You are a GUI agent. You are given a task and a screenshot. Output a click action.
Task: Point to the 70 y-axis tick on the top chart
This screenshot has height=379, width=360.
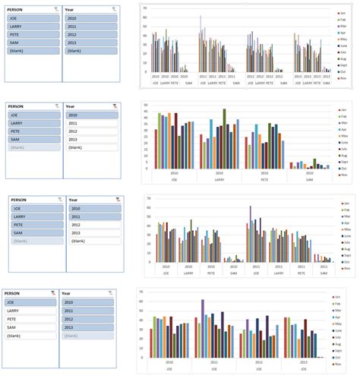tap(145, 7)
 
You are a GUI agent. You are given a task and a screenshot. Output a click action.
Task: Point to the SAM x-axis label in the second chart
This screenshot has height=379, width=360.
tap(310, 179)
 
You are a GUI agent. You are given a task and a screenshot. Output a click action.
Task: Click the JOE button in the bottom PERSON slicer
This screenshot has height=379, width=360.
tap(30, 302)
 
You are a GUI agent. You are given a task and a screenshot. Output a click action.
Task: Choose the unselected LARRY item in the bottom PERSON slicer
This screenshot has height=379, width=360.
tap(30, 311)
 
